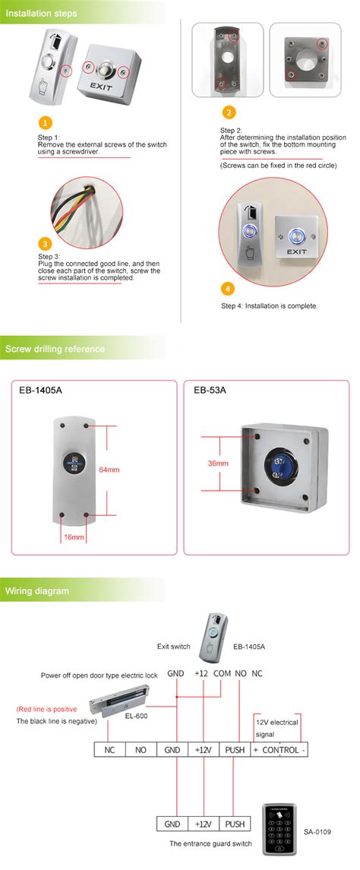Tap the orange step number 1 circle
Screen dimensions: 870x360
tap(46, 122)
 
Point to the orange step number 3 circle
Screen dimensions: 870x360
tap(46, 244)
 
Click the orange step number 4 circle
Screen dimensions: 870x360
tap(228, 289)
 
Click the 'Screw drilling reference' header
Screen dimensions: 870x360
tap(55, 349)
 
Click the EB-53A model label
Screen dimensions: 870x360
tap(210, 391)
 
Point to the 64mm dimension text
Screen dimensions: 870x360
tap(109, 470)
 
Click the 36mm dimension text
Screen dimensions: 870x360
tap(218, 463)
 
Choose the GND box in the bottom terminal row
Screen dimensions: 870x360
tap(172, 823)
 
